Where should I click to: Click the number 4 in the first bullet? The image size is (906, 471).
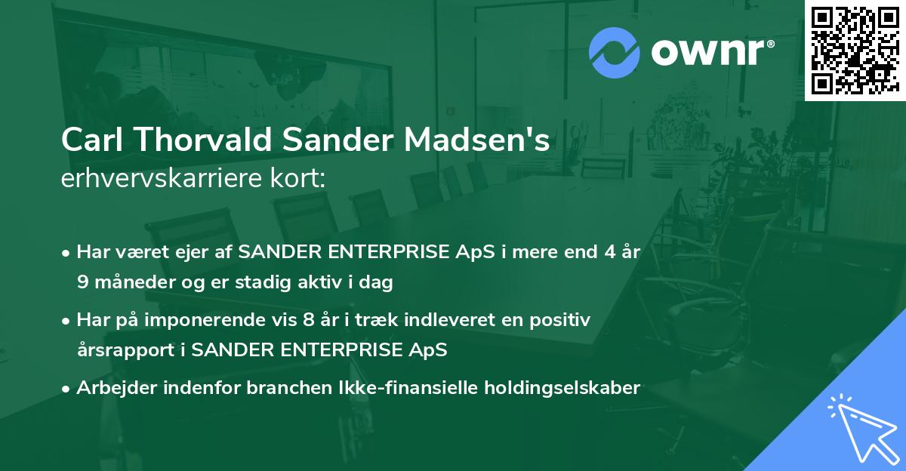pyautogui.click(x=601, y=253)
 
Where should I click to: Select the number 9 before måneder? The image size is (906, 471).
pyautogui.click(x=82, y=283)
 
